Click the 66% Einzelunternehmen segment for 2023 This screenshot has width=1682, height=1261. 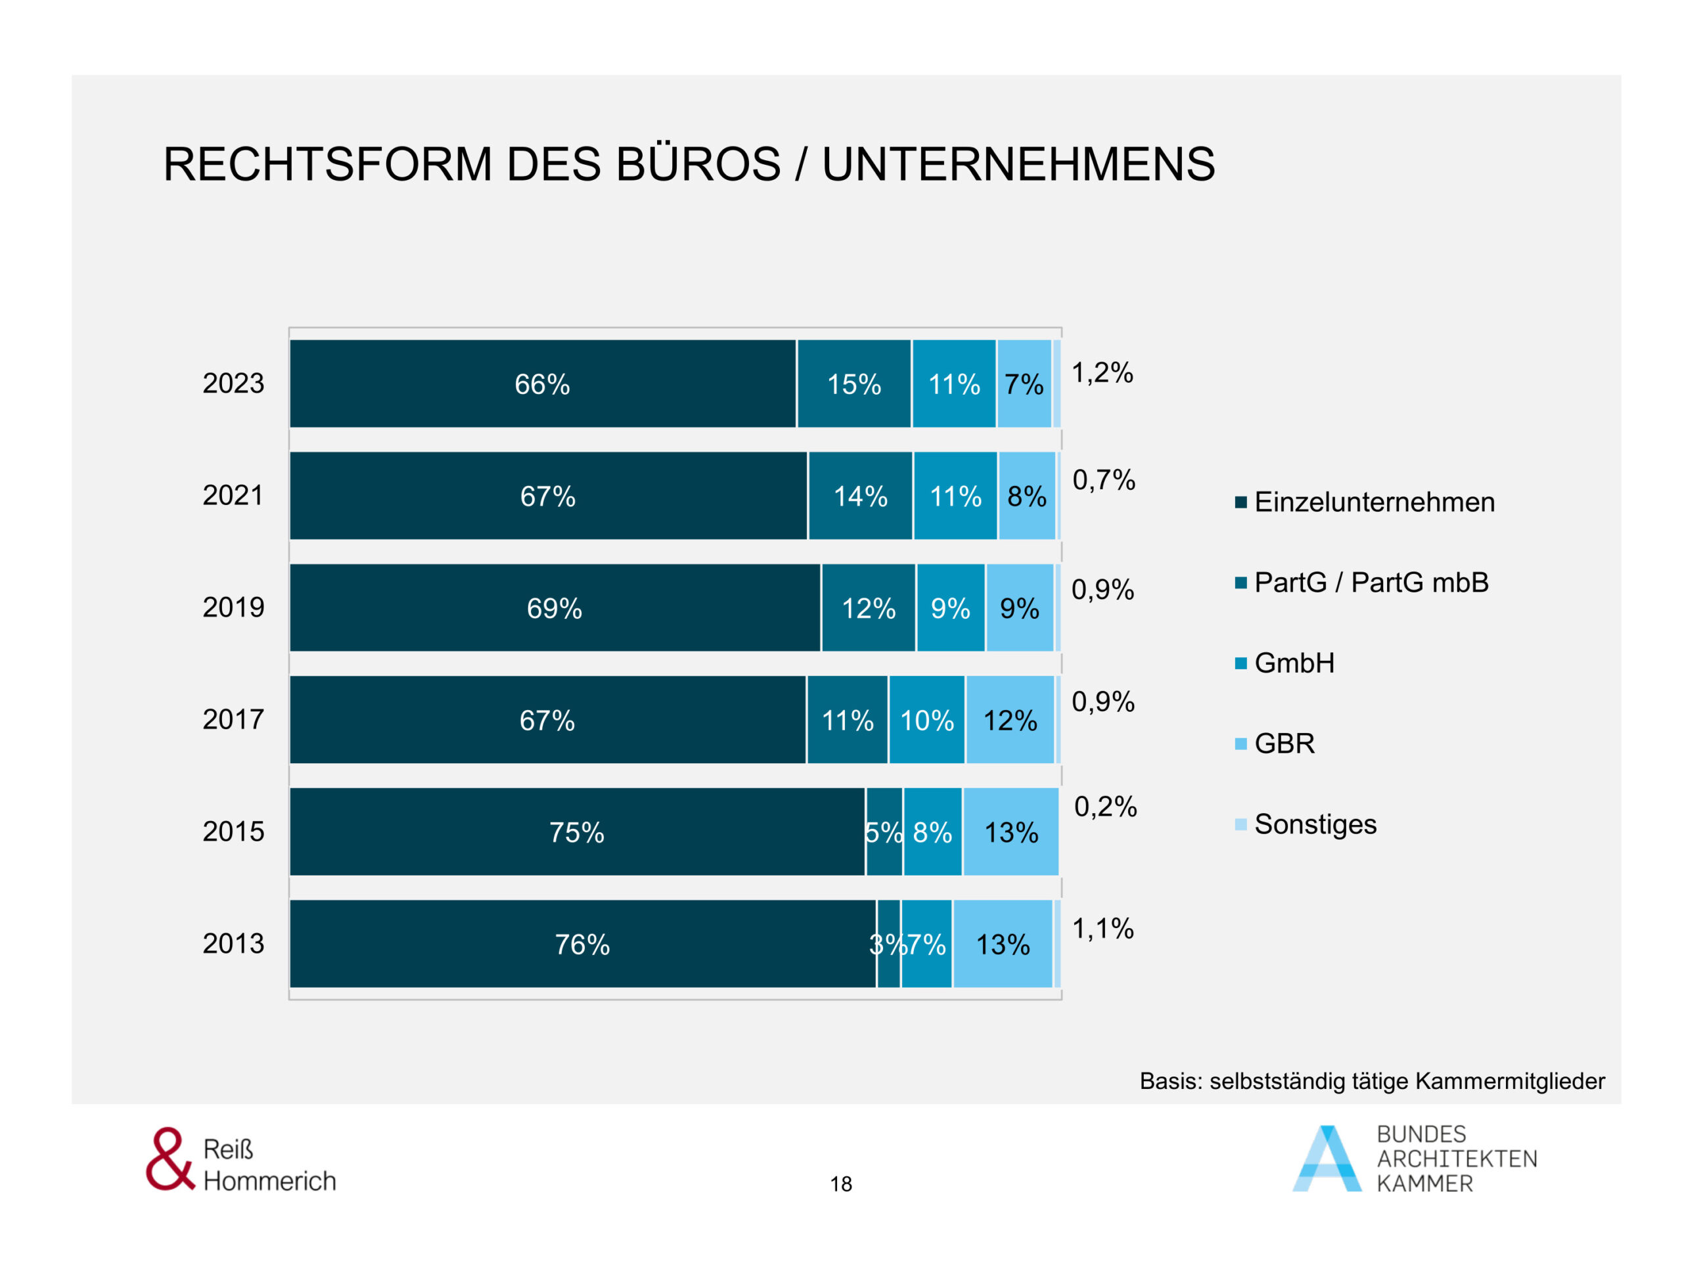[x=542, y=384]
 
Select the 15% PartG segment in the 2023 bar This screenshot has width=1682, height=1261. [x=854, y=384]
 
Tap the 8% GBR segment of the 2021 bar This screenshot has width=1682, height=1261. [x=1026, y=497]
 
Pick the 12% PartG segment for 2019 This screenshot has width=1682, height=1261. [x=869, y=608]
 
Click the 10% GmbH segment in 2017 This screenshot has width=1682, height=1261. [x=927, y=720]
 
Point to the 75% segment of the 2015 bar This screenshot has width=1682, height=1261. [x=577, y=832]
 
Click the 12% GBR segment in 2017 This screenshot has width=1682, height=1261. [x=1010, y=720]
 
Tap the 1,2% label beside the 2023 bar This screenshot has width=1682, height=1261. [x=1102, y=373]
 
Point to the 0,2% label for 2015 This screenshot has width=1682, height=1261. [x=1105, y=807]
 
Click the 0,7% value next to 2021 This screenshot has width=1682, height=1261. [x=1103, y=480]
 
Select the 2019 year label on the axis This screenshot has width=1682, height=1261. [x=233, y=608]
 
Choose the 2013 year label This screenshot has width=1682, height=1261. [x=233, y=943]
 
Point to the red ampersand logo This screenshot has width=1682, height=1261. [x=169, y=1159]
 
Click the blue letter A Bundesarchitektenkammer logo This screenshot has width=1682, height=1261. [x=1327, y=1159]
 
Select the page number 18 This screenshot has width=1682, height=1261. [x=841, y=1184]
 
